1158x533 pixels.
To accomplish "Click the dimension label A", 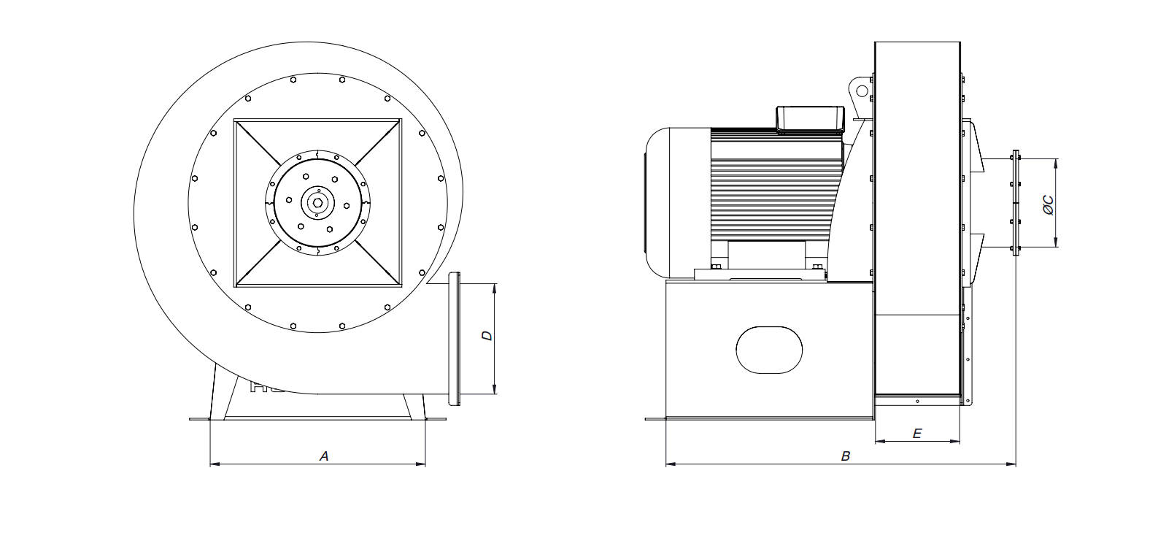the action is [324, 456].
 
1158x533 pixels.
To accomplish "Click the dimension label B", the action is [846, 456].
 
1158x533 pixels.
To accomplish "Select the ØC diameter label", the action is [1049, 205].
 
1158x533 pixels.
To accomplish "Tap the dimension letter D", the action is [487, 336].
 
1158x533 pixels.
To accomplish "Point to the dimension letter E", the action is [917, 434].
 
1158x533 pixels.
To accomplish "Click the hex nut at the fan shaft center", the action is [317, 202].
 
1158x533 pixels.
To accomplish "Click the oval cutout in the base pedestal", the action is [769, 350].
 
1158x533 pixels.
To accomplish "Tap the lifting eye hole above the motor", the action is [862, 91].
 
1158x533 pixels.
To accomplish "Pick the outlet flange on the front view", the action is [454, 339].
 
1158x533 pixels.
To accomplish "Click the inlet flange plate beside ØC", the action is [1016, 203].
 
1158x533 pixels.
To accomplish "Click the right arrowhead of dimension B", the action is [1011, 464].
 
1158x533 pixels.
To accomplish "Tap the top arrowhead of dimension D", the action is [495, 288].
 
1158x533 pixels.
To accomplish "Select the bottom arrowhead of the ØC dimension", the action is [1056, 242].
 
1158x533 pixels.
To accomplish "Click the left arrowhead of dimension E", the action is [881, 442].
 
